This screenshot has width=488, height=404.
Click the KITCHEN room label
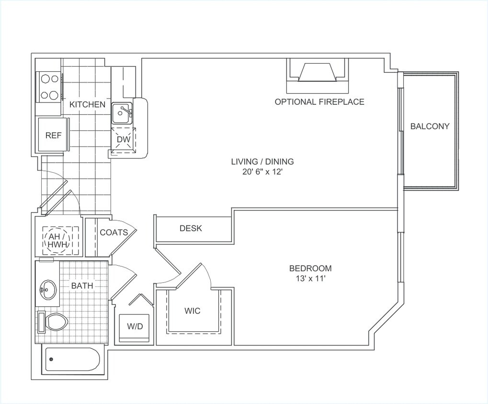coord(87,104)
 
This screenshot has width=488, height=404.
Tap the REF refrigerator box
coord(53,135)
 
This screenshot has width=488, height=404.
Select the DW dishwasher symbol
coord(123,140)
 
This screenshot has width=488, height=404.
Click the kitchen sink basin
coord(123,113)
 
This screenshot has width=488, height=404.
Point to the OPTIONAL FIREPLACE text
coord(319,101)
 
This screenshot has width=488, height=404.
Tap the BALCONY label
coord(430,126)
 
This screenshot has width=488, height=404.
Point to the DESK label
coord(191,228)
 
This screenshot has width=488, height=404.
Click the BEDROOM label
coord(310,269)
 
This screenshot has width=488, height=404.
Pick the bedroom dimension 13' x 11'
coord(310,279)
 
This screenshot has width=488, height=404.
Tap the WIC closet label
coord(193,311)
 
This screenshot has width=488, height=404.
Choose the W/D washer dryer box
coord(135,327)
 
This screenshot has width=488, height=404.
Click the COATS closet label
coord(114,233)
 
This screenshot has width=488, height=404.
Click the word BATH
coord(82,286)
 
